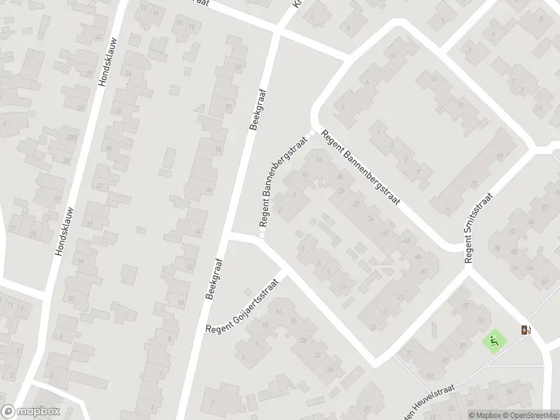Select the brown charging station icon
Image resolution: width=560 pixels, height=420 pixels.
pyautogui.click(x=526, y=330)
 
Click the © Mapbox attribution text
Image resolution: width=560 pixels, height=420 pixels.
pyautogui.click(x=485, y=415)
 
